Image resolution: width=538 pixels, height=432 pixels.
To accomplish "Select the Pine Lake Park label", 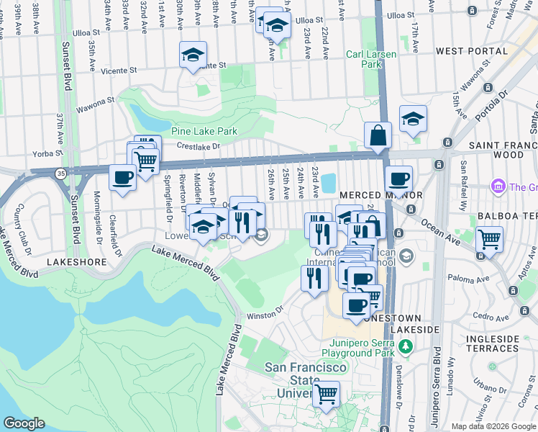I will click(x=204, y=131).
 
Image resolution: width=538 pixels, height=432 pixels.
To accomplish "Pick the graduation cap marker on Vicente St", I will click(x=193, y=55).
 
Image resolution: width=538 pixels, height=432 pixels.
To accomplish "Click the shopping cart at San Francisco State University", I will click(x=326, y=394).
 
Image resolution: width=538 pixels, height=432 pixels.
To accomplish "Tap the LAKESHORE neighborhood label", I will click(x=72, y=264).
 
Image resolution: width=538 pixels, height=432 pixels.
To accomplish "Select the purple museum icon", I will click(x=498, y=187).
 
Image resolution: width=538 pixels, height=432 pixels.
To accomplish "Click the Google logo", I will click(x=24, y=423).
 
